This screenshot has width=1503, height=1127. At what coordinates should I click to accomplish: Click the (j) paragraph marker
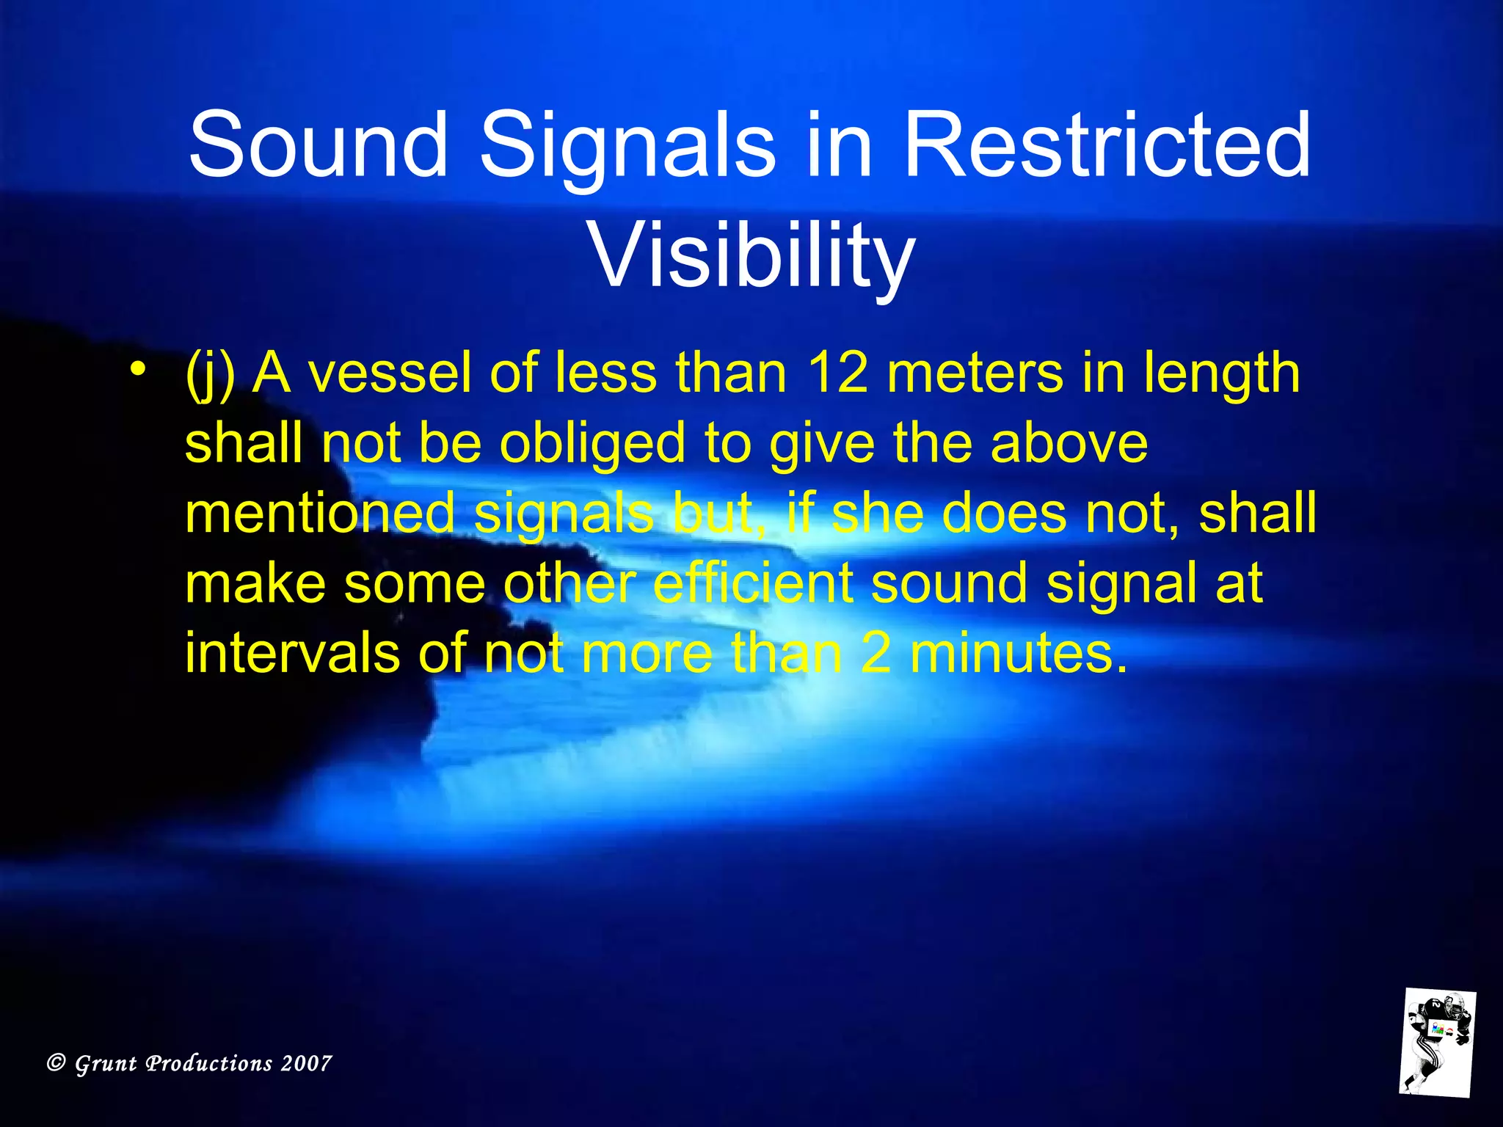(x=210, y=374)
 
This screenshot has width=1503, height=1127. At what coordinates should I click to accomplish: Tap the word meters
(x=975, y=373)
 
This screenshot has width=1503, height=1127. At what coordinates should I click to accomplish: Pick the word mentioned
(x=320, y=513)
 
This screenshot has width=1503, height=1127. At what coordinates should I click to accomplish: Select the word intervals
(x=292, y=653)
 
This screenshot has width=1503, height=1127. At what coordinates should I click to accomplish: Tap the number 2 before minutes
(x=876, y=653)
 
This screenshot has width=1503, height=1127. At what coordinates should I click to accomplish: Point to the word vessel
(x=389, y=373)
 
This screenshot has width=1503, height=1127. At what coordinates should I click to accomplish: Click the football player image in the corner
(x=1437, y=1042)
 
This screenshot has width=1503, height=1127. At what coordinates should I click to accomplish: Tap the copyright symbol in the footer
(x=57, y=1062)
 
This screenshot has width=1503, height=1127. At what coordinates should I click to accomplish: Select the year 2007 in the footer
(x=306, y=1063)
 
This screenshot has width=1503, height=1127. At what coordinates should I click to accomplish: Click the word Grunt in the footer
(x=106, y=1063)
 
